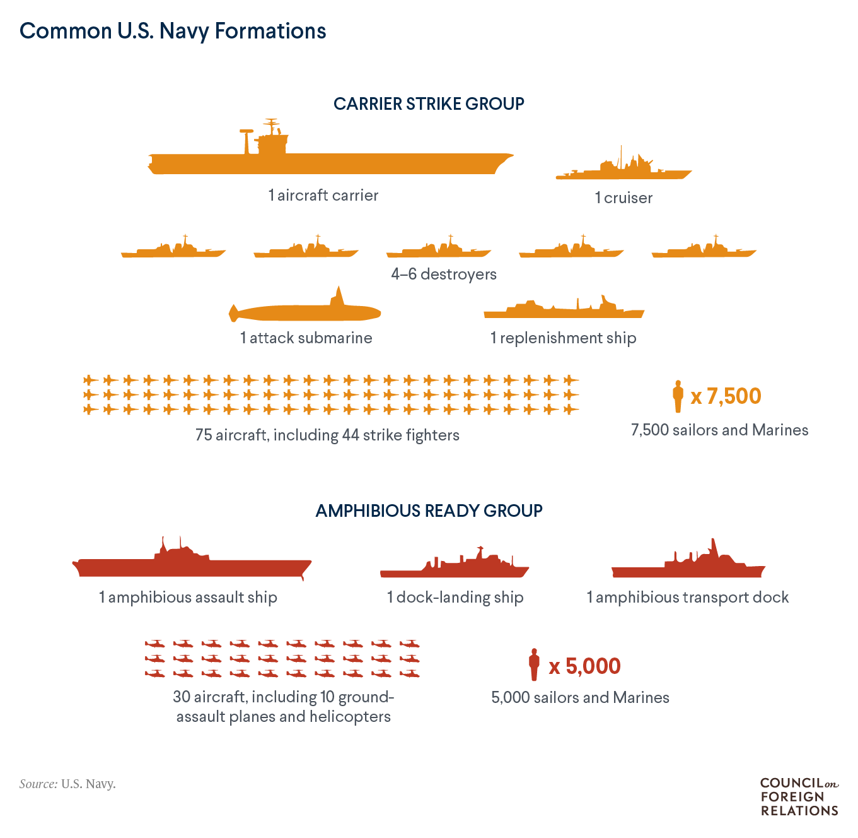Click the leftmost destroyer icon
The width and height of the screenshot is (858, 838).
pyautogui.click(x=173, y=252)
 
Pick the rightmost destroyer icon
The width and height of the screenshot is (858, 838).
pyautogui.click(x=704, y=252)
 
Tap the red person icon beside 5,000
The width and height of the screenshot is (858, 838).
pyautogui.click(x=534, y=665)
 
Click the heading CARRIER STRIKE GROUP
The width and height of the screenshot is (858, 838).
pyautogui.click(x=429, y=104)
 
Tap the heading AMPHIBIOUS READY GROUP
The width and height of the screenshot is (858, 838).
pyautogui.click(x=429, y=510)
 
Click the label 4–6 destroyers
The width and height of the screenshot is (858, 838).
pyautogui.click(x=444, y=274)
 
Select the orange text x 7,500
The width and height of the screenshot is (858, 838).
pyautogui.click(x=726, y=396)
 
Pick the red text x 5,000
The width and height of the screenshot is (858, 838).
pyautogui.click(x=584, y=666)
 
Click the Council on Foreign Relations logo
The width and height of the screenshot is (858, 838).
pyautogui.click(x=799, y=797)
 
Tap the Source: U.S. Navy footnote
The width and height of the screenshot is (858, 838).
pyautogui.click(x=67, y=784)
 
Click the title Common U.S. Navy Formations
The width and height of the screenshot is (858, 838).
pyautogui.click(x=173, y=31)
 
